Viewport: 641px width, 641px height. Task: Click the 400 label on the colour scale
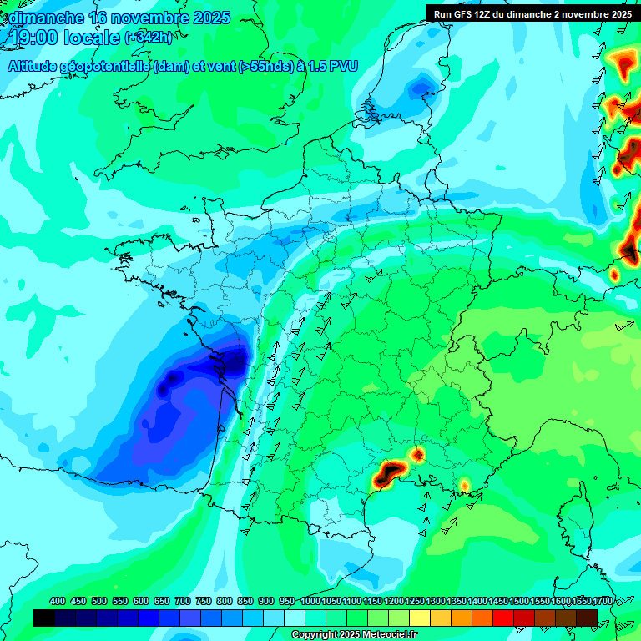[x=58, y=601]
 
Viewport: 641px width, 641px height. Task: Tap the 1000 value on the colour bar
[x=310, y=601]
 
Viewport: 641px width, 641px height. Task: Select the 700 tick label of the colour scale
[x=183, y=601]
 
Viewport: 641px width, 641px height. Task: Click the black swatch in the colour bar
[x=44, y=618]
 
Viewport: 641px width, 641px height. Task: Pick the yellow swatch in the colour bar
[x=420, y=618]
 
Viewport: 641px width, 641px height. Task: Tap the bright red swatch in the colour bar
[x=503, y=618]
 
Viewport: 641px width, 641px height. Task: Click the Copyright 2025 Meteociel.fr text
[x=354, y=635]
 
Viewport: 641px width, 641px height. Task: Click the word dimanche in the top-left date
[x=46, y=18]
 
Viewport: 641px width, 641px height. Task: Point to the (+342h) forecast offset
[x=149, y=38]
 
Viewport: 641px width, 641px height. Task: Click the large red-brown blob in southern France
[x=388, y=473]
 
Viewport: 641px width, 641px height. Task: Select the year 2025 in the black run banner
[x=617, y=13]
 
